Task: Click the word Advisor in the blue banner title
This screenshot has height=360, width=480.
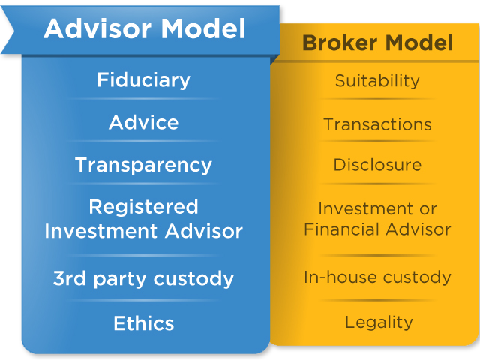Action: coord(97,28)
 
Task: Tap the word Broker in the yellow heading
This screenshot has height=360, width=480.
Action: coord(340,43)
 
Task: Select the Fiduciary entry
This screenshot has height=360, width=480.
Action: coord(143,80)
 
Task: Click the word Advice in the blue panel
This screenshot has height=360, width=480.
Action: coord(143,122)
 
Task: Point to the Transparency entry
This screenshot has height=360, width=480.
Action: coord(143,166)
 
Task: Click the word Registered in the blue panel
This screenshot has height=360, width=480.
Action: coord(143,207)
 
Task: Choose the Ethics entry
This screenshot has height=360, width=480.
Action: coord(143,323)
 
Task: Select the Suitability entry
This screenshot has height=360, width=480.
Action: coord(377,81)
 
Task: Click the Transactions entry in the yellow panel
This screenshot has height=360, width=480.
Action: coord(377,124)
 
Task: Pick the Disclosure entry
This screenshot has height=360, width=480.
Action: coord(377,165)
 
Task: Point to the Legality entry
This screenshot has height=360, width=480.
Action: coord(379,322)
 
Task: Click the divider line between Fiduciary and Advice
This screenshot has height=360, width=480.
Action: coord(143,98)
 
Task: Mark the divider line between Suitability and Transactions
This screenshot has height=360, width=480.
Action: coord(377,99)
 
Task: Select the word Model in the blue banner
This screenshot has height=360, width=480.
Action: coord(203,28)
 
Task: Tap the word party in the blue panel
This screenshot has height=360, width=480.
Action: coord(120,279)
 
